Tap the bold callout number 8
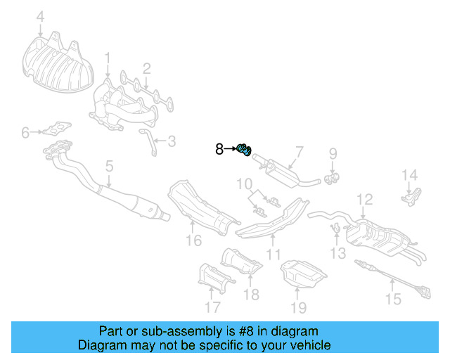pyautogui.click(x=219, y=149)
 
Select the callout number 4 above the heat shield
pyautogui.click(x=40, y=16)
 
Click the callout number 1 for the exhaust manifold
pyautogui.click(x=108, y=57)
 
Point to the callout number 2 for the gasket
pyautogui.click(x=146, y=68)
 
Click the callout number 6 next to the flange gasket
pyautogui.click(x=25, y=131)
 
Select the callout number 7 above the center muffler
pyautogui.click(x=298, y=150)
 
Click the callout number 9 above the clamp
pyautogui.click(x=333, y=152)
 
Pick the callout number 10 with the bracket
pyautogui.click(x=243, y=186)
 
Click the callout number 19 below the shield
pyautogui.click(x=299, y=307)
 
